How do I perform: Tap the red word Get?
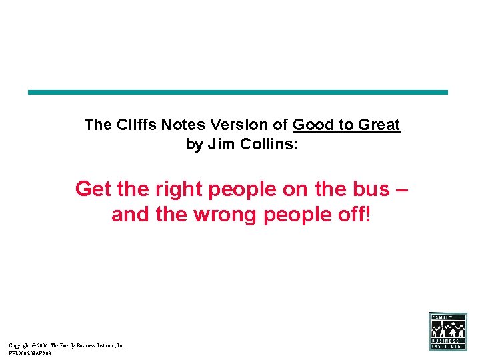(x=93, y=189)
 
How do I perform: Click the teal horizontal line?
(x=238, y=93)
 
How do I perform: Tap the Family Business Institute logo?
(x=448, y=331)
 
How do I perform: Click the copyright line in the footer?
(x=67, y=345)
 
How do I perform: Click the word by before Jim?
(x=194, y=144)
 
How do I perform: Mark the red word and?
(x=130, y=215)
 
